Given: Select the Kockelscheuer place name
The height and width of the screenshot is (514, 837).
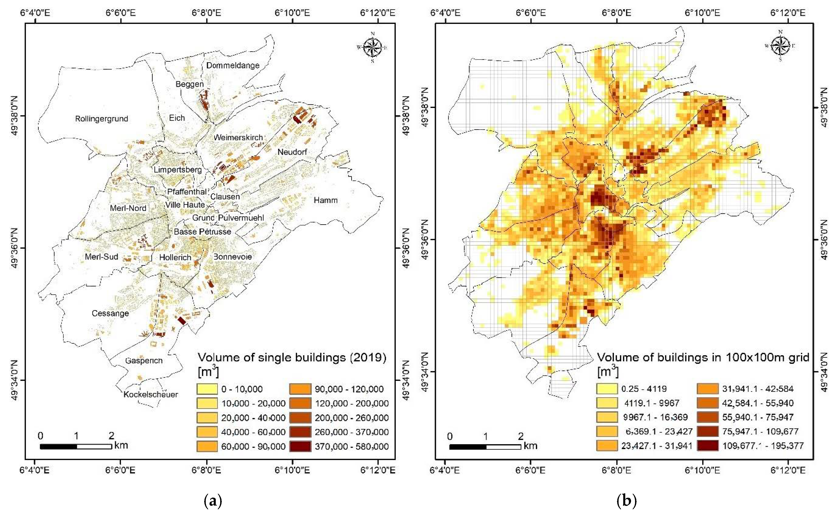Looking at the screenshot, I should pyautogui.click(x=151, y=394).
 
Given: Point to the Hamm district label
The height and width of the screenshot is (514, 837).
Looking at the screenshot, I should pyautogui.click(x=325, y=200).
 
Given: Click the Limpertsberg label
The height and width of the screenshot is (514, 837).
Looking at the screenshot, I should pyautogui.click(x=178, y=169).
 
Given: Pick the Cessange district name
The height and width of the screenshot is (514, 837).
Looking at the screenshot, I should pyautogui.click(x=110, y=313).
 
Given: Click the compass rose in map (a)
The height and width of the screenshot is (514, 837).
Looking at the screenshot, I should pyautogui.click(x=373, y=47).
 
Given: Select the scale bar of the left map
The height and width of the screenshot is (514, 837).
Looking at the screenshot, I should pyautogui.click(x=76, y=446).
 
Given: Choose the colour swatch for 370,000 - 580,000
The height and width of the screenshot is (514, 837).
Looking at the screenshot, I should pyautogui.click(x=300, y=446).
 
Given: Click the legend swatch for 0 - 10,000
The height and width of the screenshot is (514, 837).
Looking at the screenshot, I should pyautogui.click(x=207, y=389).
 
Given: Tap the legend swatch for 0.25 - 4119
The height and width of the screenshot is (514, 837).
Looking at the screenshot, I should pyautogui.click(x=607, y=388).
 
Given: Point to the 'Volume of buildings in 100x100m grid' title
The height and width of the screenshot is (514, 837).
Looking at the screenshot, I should pyautogui.click(x=703, y=357).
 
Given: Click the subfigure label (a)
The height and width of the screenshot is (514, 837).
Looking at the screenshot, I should pyautogui.click(x=213, y=501).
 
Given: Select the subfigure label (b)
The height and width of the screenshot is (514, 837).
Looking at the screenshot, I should pyautogui.click(x=626, y=501).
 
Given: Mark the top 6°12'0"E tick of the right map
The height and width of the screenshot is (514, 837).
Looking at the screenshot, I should pyautogui.click(x=787, y=13).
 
